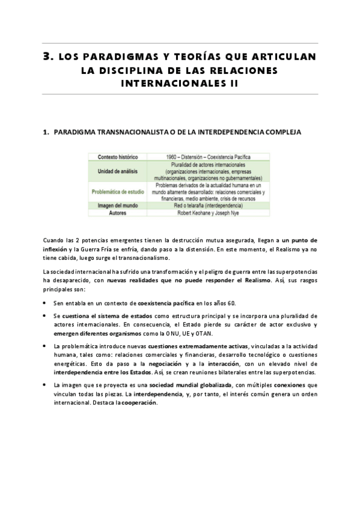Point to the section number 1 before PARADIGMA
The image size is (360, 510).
(46, 131)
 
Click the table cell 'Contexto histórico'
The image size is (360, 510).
(118, 157)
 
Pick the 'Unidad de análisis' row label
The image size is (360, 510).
(118, 171)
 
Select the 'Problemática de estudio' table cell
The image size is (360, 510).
(118, 192)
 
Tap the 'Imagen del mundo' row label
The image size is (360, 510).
(118, 206)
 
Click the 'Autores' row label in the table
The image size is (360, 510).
(118, 212)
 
